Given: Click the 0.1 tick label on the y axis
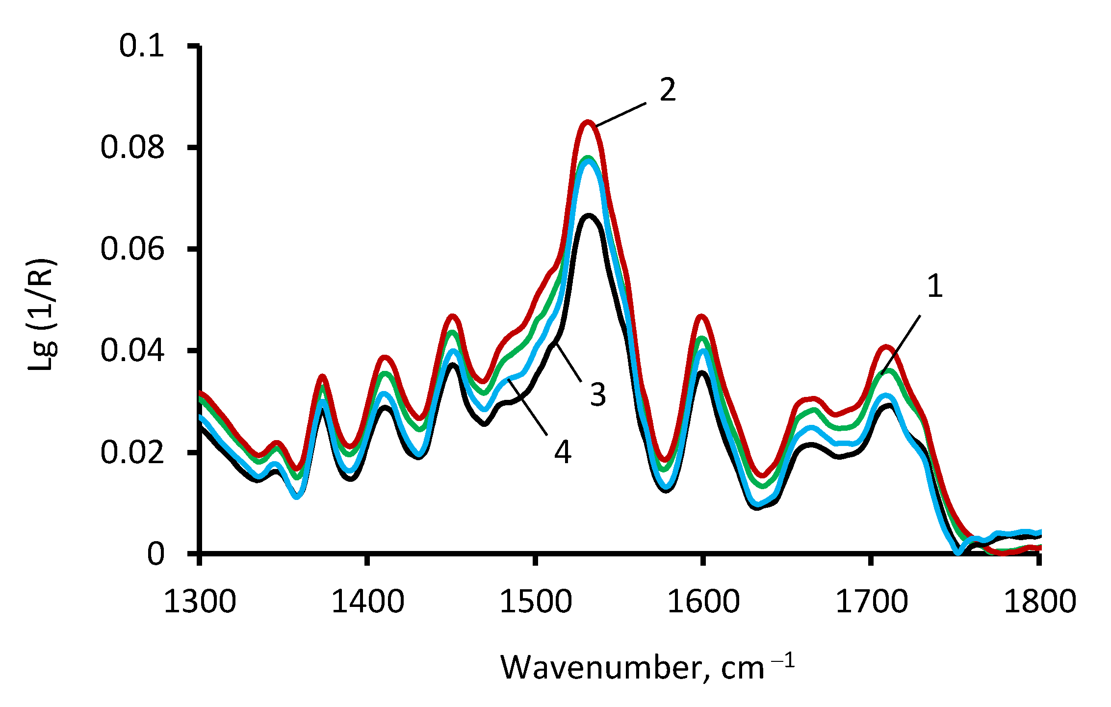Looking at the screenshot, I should coord(141,46).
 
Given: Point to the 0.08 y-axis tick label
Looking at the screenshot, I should coord(132,147).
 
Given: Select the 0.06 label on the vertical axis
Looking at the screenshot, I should coord(132,249).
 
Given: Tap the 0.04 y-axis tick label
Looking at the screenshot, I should coord(132,350).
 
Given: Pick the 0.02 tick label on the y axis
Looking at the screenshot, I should coord(132,452).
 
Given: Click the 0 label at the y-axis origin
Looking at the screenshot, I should coord(156,554).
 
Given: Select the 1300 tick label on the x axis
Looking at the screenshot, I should coord(200,602).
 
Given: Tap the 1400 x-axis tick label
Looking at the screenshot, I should coord(367,602).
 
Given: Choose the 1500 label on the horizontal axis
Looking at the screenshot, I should coord(536,602).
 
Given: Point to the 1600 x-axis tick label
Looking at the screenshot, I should coord(703,602).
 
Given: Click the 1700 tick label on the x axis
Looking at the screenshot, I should coord(872,602).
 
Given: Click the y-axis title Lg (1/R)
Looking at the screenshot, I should coord(42,314).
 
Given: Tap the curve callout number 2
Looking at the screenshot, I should coord(668,90).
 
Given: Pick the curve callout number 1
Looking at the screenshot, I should coord(935,286).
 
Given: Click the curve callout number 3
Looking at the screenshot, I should coord(598,394).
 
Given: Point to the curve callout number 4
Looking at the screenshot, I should coord(563,452).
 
